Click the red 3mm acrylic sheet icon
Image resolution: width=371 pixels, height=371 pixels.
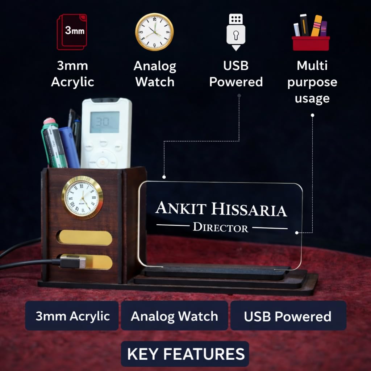[x=72, y=32]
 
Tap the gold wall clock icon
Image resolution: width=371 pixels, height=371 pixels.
[x=154, y=32]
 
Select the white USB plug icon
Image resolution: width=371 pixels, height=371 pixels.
[x=236, y=32]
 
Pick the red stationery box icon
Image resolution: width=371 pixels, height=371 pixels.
[x=310, y=33]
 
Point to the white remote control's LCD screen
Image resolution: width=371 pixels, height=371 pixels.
[x=105, y=122]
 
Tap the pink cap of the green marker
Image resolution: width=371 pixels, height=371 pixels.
[x=50, y=121]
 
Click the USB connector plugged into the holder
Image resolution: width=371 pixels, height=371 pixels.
[x=72, y=262]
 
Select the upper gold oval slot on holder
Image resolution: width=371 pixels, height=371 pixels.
[x=85, y=238]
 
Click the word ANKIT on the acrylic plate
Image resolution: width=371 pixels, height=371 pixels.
[x=181, y=208]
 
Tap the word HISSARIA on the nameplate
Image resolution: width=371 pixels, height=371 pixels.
[x=249, y=210]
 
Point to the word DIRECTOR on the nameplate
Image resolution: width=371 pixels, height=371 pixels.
[x=221, y=228]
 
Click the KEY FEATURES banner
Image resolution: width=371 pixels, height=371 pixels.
[x=185, y=354]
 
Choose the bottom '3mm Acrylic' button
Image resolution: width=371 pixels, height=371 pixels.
[x=72, y=316]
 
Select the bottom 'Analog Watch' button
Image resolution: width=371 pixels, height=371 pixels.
[x=174, y=316]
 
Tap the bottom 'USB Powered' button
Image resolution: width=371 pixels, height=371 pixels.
[x=288, y=316]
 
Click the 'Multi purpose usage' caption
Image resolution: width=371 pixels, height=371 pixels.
[x=312, y=82]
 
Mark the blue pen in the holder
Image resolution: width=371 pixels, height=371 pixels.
[x=69, y=147]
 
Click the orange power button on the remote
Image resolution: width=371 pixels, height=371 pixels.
[x=103, y=162]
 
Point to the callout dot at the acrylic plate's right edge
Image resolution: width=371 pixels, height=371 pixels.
[x=297, y=233]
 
